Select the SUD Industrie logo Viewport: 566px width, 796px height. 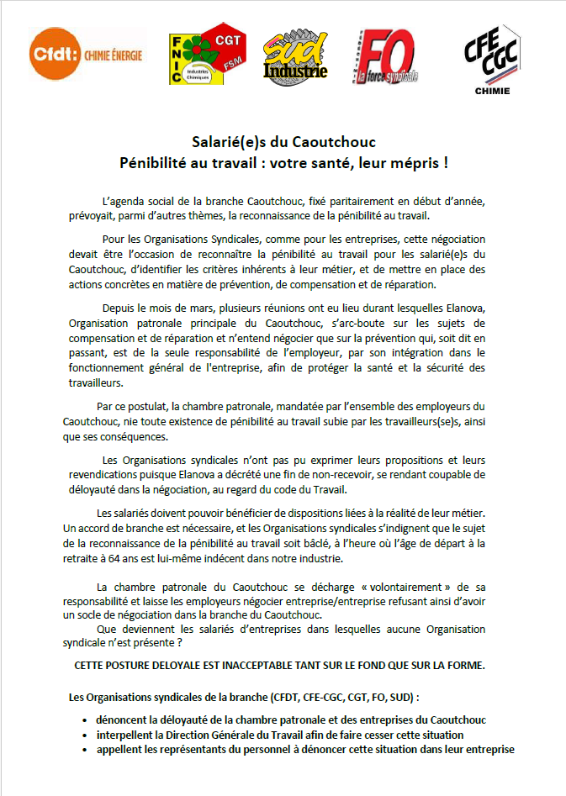tap(294, 59)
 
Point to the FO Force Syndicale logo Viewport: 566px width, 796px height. tap(385, 56)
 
